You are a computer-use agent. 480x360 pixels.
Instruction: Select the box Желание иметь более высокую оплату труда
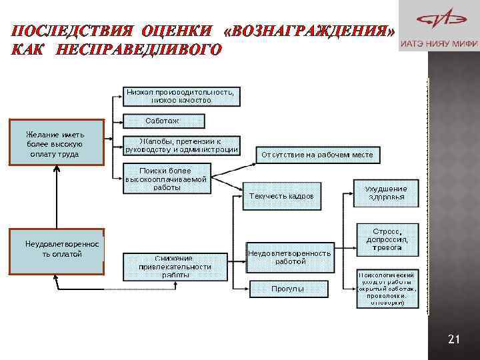click(57, 141)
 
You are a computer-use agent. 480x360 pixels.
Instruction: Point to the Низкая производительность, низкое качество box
click(181, 95)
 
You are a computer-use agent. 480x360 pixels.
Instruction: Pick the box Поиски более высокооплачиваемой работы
click(166, 179)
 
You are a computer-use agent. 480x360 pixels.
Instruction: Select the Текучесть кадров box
click(281, 196)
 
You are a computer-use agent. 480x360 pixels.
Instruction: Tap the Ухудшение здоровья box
click(386, 193)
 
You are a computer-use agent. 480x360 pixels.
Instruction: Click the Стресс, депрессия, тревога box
click(387, 239)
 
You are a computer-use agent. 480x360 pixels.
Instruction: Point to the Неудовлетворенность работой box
click(289, 257)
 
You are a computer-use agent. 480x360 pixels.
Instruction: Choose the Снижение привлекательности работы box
click(175, 267)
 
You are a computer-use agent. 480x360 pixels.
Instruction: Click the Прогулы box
click(289, 289)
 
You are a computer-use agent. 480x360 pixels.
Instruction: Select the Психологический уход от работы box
click(387, 288)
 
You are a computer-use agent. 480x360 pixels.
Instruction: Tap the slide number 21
click(454, 340)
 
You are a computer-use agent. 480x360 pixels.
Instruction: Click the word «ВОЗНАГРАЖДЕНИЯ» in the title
click(310, 31)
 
